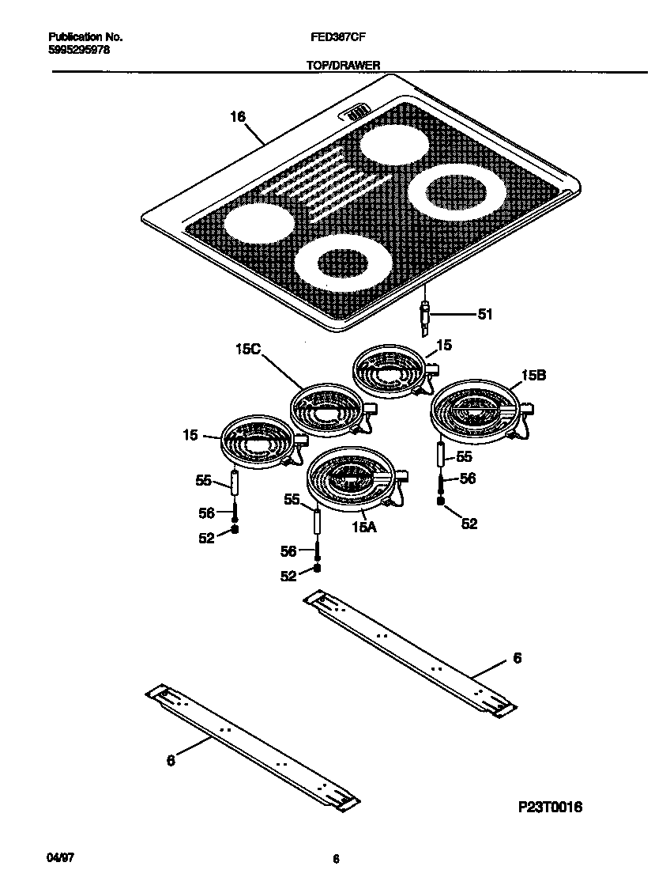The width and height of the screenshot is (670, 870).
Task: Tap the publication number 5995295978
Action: (x=79, y=49)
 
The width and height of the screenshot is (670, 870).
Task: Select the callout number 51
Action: (x=484, y=314)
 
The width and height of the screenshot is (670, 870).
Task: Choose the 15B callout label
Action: (x=533, y=376)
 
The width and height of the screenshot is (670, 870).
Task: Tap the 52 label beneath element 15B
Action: (x=469, y=523)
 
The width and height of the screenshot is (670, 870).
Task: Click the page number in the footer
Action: (x=336, y=859)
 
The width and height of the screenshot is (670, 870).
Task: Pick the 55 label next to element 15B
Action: (x=464, y=456)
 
